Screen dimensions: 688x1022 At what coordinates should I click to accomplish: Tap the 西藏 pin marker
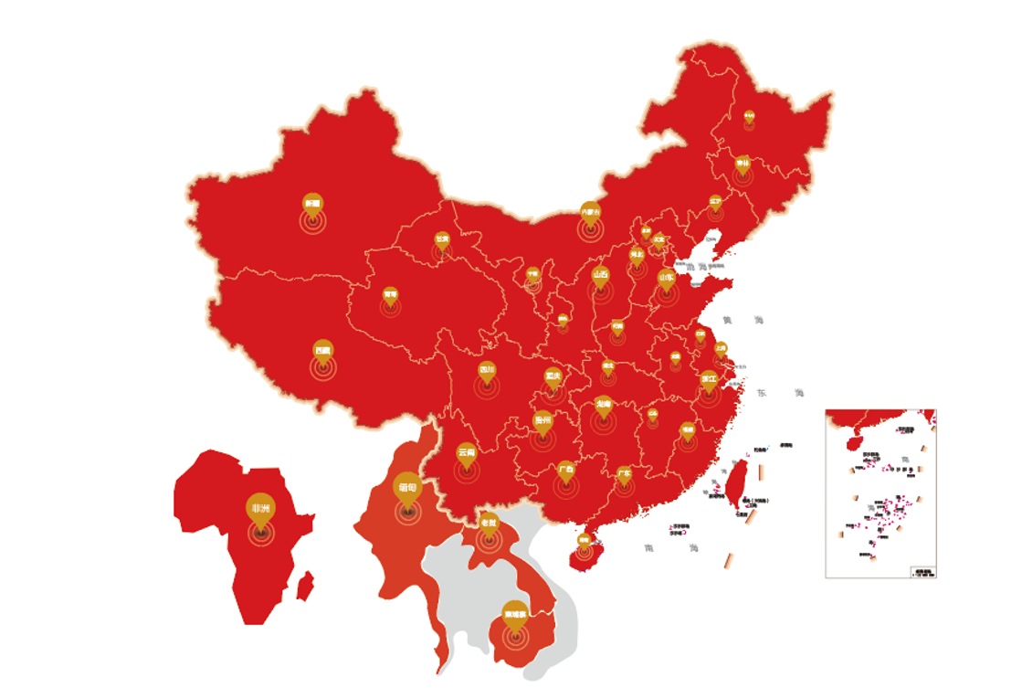pyautogui.click(x=322, y=350)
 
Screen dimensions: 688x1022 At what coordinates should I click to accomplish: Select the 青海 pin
pyautogui.click(x=391, y=295)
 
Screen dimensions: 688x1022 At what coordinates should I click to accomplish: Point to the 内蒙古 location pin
pyautogui.click(x=591, y=212)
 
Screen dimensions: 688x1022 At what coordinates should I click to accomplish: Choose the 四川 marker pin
pyautogui.click(x=487, y=371)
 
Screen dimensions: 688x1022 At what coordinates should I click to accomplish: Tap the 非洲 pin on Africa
pyautogui.click(x=260, y=509)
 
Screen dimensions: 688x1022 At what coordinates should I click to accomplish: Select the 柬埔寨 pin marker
pyautogui.click(x=515, y=614)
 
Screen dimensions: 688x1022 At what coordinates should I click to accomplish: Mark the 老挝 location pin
pyautogui.click(x=489, y=523)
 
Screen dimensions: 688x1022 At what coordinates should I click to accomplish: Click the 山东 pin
pyautogui.click(x=667, y=276)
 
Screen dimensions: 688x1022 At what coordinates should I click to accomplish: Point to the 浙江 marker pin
pyautogui.click(x=710, y=378)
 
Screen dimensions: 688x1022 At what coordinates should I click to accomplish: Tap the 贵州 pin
pyautogui.click(x=543, y=421)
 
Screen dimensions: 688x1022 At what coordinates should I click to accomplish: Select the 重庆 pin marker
pyautogui.click(x=553, y=376)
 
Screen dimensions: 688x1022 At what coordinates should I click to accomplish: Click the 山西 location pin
pyautogui.click(x=600, y=274)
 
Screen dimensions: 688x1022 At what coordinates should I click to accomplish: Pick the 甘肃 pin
pyautogui.click(x=442, y=240)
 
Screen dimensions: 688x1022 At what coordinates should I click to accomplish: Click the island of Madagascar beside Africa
pyautogui.click(x=306, y=586)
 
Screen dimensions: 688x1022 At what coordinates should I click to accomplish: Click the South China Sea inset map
pyautogui.click(x=880, y=493)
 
